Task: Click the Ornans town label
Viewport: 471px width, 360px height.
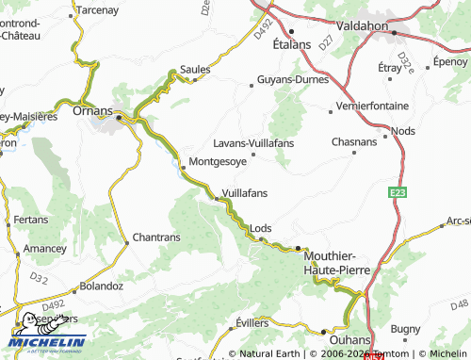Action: coord(92,110)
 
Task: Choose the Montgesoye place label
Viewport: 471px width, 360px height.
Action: coord(218,161)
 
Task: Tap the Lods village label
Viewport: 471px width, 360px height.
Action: coord(261,228)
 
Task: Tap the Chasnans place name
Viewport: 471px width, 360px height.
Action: coord(354,141)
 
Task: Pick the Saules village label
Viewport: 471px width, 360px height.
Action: coord(195,70)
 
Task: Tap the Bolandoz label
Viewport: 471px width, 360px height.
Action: coord(102,285)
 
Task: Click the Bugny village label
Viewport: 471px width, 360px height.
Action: coord(405,329)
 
